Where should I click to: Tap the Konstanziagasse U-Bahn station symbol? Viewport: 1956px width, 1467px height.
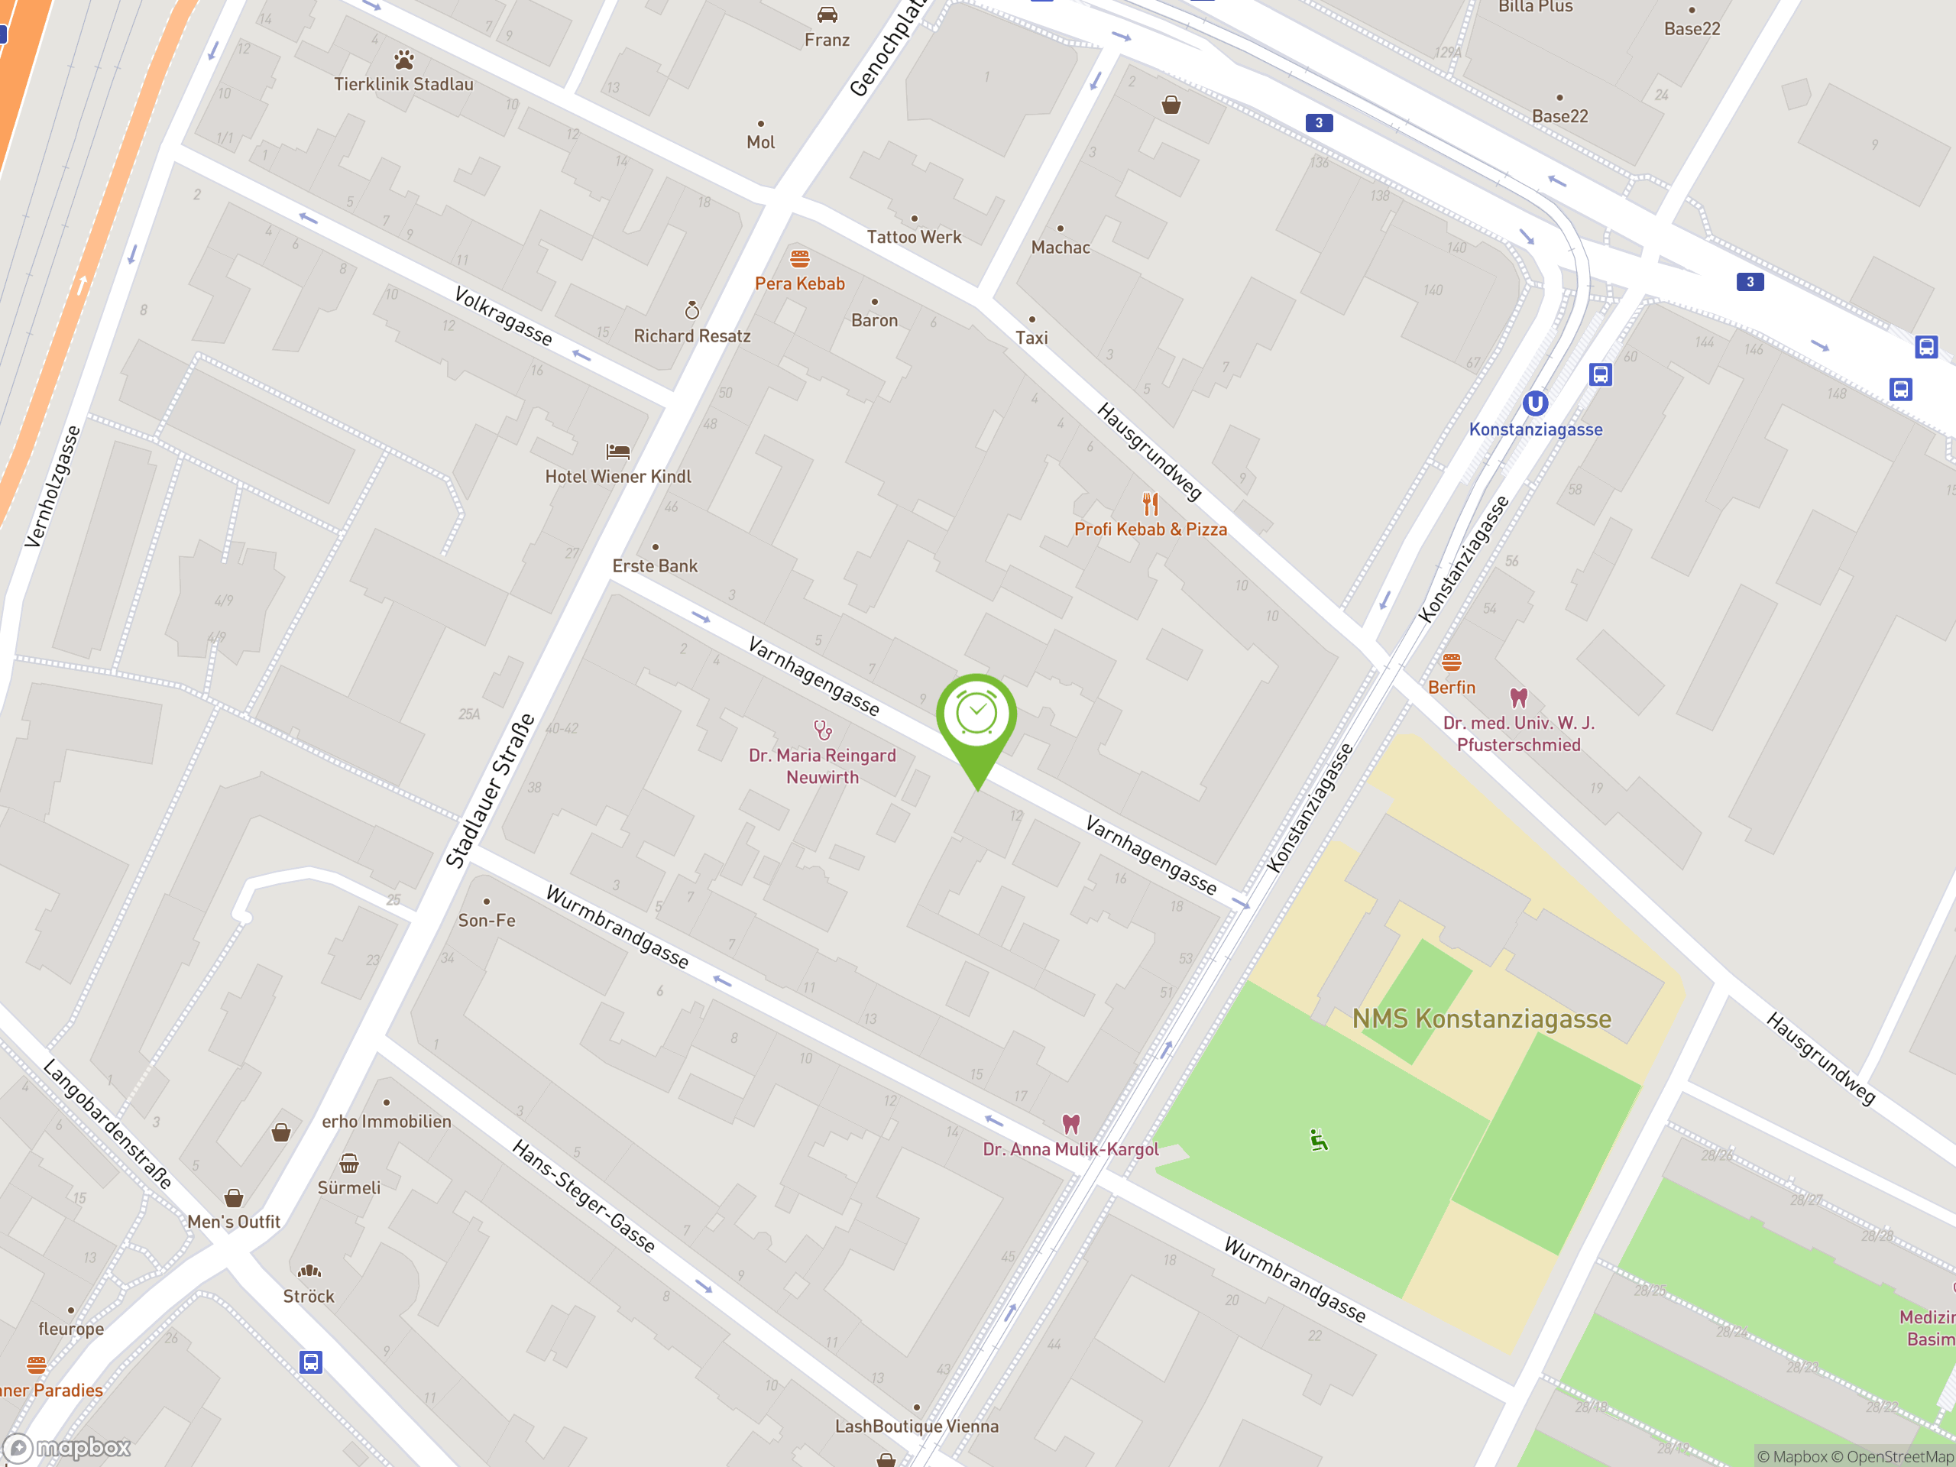click(1535, 404)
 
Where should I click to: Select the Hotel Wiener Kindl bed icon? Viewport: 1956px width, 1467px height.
click(617, 452)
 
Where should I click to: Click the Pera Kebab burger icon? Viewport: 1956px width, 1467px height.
click(799, 258)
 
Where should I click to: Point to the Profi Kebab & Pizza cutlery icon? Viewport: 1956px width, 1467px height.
click(1150, 504)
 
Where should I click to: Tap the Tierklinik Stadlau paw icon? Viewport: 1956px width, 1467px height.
click(404, 60)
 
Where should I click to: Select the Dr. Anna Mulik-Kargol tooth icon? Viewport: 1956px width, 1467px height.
click(1071, 1124)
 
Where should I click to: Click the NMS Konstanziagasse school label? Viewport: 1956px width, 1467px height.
click(1482, 1018)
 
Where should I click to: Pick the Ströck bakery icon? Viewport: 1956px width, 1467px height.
click(309, 1271)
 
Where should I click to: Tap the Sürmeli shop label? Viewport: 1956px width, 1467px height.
click(348, 1187)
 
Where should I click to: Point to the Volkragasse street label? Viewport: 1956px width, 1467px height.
click(502, 316)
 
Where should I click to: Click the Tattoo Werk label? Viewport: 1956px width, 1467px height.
click(914, 237)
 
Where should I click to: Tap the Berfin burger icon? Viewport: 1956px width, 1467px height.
click(1451, 662)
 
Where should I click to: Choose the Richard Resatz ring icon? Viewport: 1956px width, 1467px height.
click(691, 310)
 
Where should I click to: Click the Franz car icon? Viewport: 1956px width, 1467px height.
click(827, 15)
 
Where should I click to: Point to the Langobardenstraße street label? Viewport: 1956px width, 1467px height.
click(107, 1123)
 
